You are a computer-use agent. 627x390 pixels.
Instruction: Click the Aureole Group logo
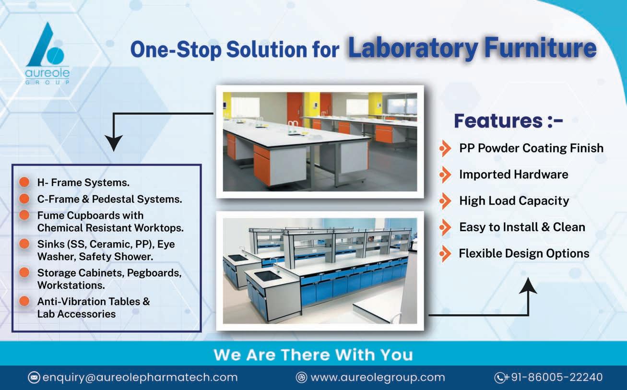tap(47, 53)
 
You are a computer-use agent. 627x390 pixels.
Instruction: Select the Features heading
tap(508, 121)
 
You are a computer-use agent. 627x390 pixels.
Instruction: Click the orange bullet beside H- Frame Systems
tap(24, 182)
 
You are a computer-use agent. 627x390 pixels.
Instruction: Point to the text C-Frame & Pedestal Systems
tap(110, 199)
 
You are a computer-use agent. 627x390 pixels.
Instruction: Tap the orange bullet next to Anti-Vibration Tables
tap(24, 301)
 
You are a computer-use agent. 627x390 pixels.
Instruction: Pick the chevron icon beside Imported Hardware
tap(445, 175)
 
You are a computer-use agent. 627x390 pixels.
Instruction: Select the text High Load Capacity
tap(514, 201)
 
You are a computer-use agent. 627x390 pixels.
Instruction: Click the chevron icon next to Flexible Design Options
tap(445, 254)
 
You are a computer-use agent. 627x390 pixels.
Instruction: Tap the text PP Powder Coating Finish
tap(531, 148)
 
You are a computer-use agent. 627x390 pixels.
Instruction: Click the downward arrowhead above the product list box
tap(114, 143)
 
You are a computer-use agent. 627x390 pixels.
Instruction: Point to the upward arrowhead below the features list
tap(528, 285)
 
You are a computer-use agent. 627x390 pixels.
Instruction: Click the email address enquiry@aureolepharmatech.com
tap(140, 378)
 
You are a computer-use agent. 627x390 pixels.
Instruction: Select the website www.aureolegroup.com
tap(378, 378)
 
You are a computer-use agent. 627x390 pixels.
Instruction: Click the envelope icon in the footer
tap(34, 378)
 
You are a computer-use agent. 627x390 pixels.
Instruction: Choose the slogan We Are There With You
tap(313, 355)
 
